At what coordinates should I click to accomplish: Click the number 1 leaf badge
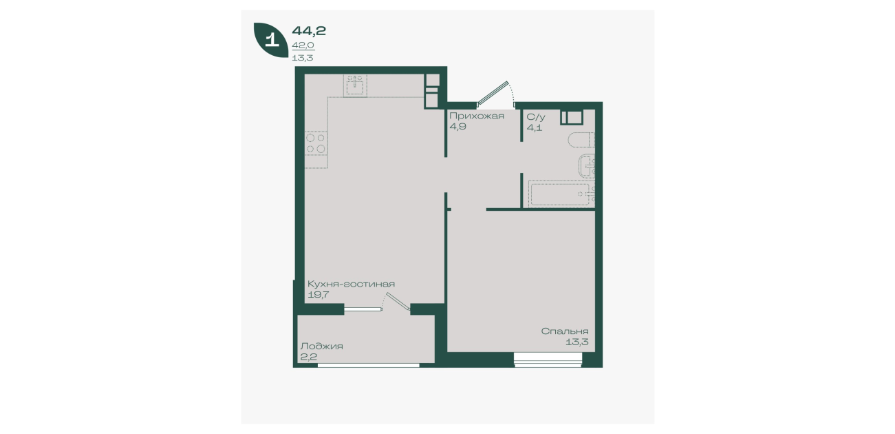272,39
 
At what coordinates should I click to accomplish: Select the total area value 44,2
309,31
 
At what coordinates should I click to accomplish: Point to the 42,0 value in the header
303,45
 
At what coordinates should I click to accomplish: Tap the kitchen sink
355,85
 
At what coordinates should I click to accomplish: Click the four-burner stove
316,143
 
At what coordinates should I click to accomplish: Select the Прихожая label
477,116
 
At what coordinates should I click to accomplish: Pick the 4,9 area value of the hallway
457,127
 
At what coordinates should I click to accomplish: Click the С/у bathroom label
535,117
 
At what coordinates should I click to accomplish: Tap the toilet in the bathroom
581,140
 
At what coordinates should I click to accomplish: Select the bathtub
561,194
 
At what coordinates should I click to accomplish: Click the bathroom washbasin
587,165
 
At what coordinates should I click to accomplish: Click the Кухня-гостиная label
351,284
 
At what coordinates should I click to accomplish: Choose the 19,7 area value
318,296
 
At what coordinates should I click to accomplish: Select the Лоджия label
322,347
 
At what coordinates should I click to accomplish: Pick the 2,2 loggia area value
308,357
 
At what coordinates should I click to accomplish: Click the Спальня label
565,331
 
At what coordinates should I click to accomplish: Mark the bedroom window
548,360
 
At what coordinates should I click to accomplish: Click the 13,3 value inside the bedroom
577,342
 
